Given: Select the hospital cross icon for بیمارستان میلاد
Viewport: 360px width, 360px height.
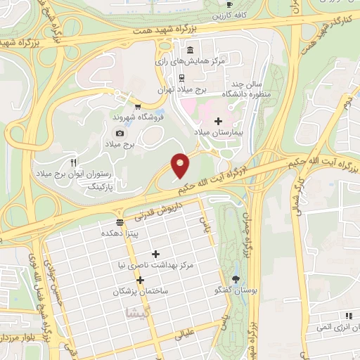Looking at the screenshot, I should pyautogui.click(x=218, y=121).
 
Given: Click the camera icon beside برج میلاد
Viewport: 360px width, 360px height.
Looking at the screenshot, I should pyautogui.click(x=120, y=133).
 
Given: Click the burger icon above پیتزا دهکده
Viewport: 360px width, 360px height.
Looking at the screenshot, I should pyautogui.click(x=119, y=222).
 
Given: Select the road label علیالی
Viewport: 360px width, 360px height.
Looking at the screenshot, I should pyautogui.click(x=184, y=337).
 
